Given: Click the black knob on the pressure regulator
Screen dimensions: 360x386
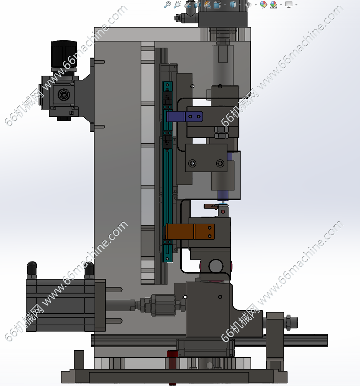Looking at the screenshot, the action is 64,55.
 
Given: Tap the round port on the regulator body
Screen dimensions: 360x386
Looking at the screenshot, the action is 64,94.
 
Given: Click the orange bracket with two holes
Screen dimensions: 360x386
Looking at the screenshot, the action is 190,231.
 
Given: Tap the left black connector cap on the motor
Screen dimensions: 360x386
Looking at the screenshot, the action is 32,270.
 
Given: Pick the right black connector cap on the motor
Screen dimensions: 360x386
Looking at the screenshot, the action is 89,270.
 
